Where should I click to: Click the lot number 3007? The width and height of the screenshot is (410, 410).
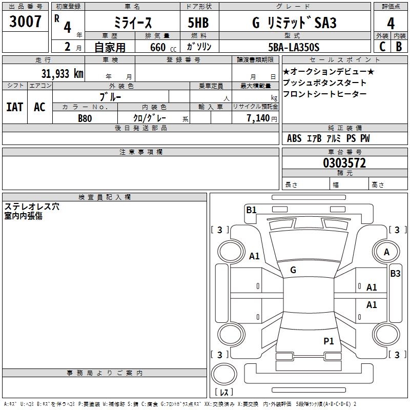tap(25, 22)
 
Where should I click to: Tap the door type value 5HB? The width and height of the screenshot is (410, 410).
tap(198, 23)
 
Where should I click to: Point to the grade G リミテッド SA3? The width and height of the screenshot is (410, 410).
tap(293, 23)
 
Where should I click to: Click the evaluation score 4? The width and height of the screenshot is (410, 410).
tap(391, 23)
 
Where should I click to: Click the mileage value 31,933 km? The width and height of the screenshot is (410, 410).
tap(62, 73)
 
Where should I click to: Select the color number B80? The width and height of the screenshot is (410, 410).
tap(85, 118)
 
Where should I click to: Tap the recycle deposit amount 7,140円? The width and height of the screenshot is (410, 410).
tap(262, 118)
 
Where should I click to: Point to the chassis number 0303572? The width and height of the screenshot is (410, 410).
tap(344, 163)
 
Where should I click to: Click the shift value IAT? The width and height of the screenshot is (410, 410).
tap(14, 107)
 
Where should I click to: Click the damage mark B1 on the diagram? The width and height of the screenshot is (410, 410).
tap(251, 210)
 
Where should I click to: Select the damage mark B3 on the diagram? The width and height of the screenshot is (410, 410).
tap(395, 273)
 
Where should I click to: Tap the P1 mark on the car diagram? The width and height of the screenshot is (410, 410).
tap(329, 340)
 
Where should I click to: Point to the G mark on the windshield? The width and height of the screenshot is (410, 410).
tap(293, 270)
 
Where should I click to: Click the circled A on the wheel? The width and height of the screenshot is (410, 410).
tap(386, 252)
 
